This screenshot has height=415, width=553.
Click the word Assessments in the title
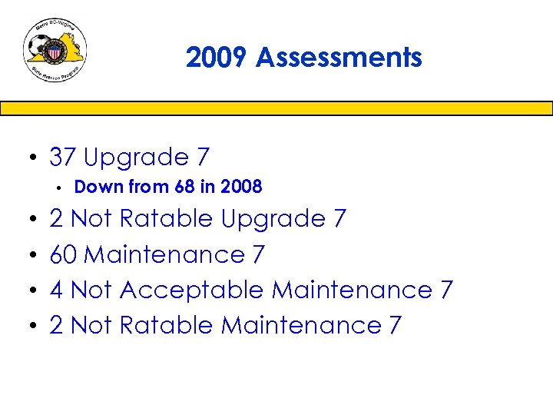pyautogui.click(x=339, y=58)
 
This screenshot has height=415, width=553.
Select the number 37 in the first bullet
pyautogui.click(x=63, y=158)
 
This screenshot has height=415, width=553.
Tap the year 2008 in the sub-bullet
pyautogui.click(x=242, y=187)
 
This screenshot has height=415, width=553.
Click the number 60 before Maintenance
pyautogui.click(x=63, y=254)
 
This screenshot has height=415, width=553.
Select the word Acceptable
pyautogui.click(x=192, y=290)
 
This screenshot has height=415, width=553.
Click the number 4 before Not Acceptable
pyautogui.click(x=56, y=290)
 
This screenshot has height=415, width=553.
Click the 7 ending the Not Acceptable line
pyautogui.click(x=447, y=290)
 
